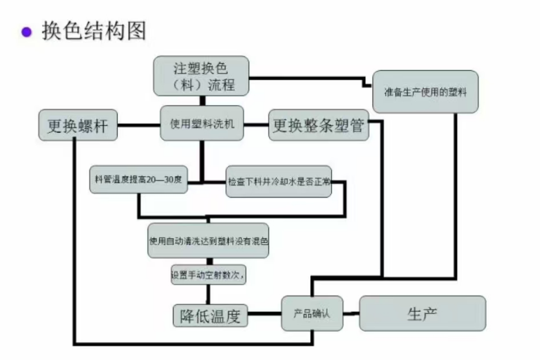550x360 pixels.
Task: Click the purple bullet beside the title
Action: (27, 32)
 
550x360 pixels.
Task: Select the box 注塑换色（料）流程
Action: (200, 76)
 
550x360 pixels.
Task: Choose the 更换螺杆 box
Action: (77, 127)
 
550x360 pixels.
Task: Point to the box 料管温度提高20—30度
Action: (138, 180)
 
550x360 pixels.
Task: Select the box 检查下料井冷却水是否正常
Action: (278, 183)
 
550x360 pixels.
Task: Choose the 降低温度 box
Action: (210, 316)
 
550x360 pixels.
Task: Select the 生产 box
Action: (423, 313)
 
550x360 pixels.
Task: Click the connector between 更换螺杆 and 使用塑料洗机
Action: (138, 126)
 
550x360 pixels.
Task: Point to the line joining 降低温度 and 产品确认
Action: (264, 316)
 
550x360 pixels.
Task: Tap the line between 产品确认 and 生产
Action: (351, 314)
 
